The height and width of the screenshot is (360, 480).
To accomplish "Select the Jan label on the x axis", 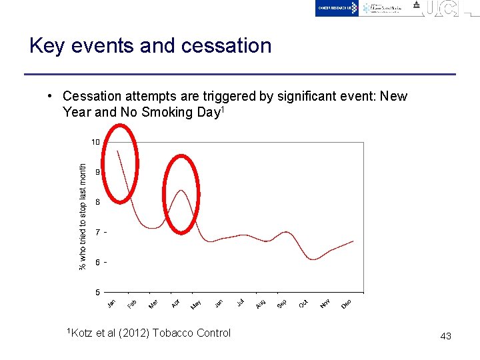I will click(x=111, y=304).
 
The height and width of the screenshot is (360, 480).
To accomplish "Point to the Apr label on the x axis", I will click(x=176, y=303).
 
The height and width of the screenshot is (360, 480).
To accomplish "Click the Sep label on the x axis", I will click(x=281, y=304).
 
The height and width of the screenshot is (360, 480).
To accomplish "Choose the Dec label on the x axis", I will click(x=347, y=304).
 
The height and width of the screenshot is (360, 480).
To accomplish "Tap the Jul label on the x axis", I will click(x=240, y=303).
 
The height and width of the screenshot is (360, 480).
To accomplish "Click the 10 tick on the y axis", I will click(x=95, y=142).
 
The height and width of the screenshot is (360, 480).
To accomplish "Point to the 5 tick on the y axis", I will click(x=97, y=292).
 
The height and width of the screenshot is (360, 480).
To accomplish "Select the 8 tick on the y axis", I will click(x=97, y=202).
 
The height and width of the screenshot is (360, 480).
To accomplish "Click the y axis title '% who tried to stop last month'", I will click(x=83, y=217).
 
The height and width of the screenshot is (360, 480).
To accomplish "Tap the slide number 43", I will click(x=445, y=336).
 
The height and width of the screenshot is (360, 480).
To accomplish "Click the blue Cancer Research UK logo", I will click(x=337, y=8).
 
